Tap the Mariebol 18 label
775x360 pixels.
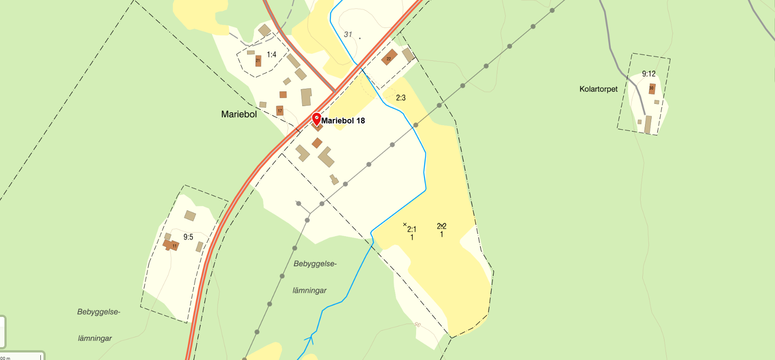tap(343, 121)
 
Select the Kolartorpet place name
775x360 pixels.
tap(598, 89)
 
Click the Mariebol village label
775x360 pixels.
tap(239, 114)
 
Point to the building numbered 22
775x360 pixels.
tap(389, 58)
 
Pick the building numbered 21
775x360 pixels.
tap(258, 61)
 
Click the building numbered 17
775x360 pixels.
tap(279, 111)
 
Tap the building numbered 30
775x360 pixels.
tap(652, 88)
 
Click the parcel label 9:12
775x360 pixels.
tap(649, 74)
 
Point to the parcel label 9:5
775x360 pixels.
tap(188, 237)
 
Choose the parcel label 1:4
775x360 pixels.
tap(271, 55)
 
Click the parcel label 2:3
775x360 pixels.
tap(401, 98)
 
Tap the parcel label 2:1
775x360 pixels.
tap(412, 229)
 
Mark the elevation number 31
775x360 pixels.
tap(348, 34)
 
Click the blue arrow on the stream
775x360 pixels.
tap(311, 340)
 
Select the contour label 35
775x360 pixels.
tap(417, 324)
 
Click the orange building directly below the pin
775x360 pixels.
tap(317, 143)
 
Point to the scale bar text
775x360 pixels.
tap(5, 358)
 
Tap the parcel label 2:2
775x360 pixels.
tap(441, 226)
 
